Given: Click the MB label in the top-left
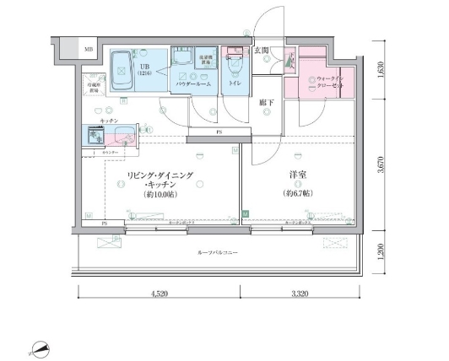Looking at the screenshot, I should (x=89, y=50).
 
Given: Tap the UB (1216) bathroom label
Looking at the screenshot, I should (x=146, y=69).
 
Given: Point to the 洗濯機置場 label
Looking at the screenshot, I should (x=205, y=62).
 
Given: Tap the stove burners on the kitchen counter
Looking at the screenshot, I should (x=93, y=135).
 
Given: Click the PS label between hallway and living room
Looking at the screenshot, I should (x=219, y=132).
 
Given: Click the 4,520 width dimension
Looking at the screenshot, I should (x=159, y=295).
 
